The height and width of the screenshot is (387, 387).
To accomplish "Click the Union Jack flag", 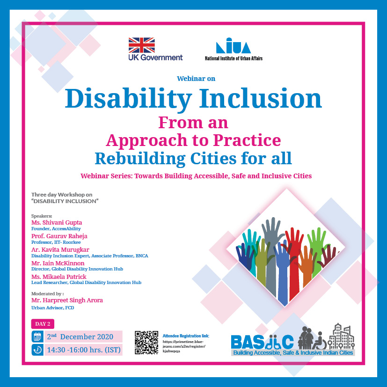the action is click(142, 45).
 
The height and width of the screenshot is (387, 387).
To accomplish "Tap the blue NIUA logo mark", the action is click(233, 46).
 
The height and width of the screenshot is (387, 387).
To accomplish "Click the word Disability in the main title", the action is click(128, 99).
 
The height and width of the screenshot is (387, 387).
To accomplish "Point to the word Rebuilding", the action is click(140, 159).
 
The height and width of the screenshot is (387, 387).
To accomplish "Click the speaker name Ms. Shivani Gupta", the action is click(57, 222).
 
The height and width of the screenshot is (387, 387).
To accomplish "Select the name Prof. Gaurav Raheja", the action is click(59, 236).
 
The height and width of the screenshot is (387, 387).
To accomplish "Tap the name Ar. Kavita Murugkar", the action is click(60, 249).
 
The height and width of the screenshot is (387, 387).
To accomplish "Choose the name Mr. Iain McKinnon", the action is click(58, 263).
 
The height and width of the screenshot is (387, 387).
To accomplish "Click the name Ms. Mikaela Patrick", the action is click(59, 277).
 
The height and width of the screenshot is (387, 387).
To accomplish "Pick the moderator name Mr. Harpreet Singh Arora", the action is click(67, 300).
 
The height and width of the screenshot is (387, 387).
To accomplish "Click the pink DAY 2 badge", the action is click(43, 324).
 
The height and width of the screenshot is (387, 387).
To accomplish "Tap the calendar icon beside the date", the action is click(37, 336).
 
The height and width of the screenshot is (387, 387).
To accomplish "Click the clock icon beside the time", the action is click(37, 350).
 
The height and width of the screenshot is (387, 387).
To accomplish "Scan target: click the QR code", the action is click(146, 343).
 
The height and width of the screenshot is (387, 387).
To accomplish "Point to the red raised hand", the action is click(294, 262).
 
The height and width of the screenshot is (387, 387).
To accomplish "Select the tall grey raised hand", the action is click(271, 254).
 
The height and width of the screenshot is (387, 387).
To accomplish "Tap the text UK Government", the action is click(155, 58).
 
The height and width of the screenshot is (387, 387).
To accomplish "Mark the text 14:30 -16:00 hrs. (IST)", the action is click(84, 350).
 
